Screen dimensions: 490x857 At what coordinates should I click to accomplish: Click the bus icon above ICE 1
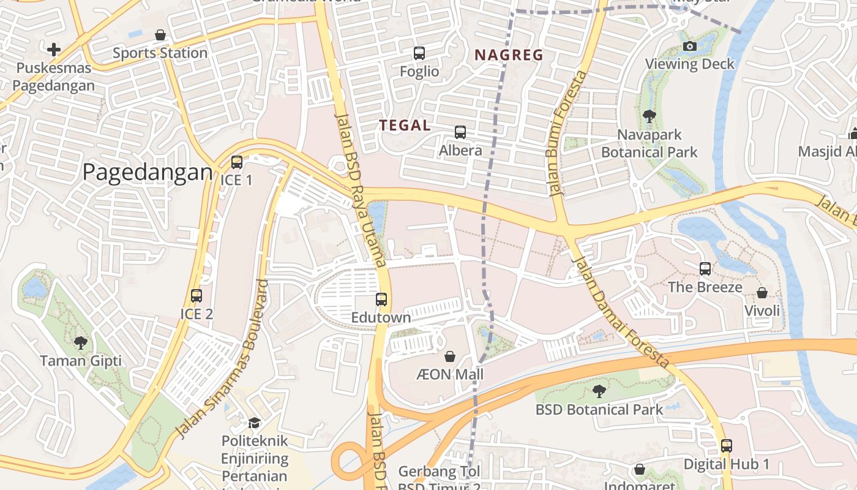click(x=237, y=162)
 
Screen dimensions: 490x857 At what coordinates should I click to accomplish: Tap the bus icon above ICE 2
click(x=196, y=296)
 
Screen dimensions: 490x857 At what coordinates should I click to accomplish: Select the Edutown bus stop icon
click(x=381, y=300)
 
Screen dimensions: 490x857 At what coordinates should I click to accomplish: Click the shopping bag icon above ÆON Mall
click(x=450, y=356)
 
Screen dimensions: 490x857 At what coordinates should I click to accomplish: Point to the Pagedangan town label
click(x=148, y=173)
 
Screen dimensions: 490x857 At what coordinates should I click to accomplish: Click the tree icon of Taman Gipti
click(x=80, y=342)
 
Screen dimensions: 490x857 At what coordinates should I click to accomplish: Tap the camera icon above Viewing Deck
click(x=689, y=46)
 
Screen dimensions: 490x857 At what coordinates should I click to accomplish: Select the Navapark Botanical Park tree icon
click(x=649, y=116)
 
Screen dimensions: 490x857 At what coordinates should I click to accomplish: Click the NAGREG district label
click(x=509, y=55)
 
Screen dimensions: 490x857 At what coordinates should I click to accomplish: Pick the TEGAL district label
click(x=405, y=126)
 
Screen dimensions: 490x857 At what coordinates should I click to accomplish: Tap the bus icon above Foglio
click(x=419, y=53)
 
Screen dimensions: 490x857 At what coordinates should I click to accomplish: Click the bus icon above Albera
click(x=460, y=132)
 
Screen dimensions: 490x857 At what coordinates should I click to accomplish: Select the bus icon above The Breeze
click(x=705, y=268)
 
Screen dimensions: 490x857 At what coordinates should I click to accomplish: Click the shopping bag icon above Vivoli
click(x=762, y=293)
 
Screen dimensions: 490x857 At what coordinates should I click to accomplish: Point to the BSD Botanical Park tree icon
click(x=599, y=391)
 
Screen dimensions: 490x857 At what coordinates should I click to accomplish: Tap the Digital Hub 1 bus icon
click(x=727, y=446)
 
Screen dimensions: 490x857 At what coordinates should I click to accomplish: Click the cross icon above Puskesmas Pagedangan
click(x=54, y=49)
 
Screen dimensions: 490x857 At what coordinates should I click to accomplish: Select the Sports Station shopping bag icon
click(x=160, y=35)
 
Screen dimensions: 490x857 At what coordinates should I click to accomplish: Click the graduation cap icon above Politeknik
click(x=254, y=422)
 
